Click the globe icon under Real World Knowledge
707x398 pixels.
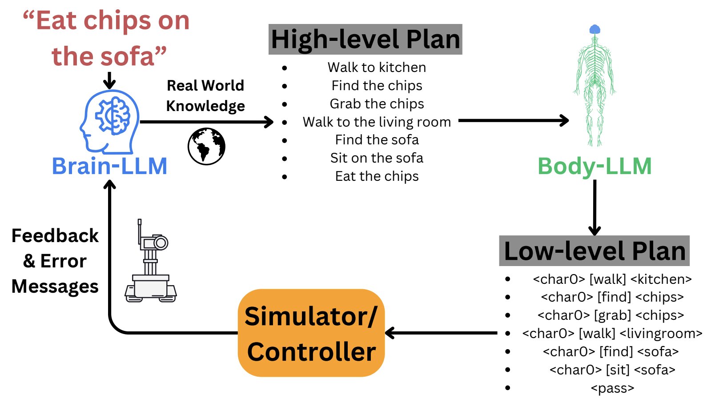pyautogui.click(x=206, y=146)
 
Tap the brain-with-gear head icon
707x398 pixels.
pyautogui.click(x=110, y=121)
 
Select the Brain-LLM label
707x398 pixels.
pyautogui.click(x=109, y=167)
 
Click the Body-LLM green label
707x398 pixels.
pyautogui.click(x=595, y=167)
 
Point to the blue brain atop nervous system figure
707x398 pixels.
pyautogui.click(x=595, y=30)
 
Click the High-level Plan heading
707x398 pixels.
pyautogui.click(x=365, y=40)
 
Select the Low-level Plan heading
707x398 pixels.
pyautogui.click(x=594, y=251)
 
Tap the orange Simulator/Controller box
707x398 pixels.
pyautogui.click(x=311, y=333)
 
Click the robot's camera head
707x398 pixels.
pyautogui.click(x=156, y=243)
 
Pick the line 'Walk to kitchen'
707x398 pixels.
pyautogui.click(x=377, y=68)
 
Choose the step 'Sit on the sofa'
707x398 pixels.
pyautogui.click(x=377, y=158)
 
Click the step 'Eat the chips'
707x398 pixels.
pyautogui.click(x=377, y=176)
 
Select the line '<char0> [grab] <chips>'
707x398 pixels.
pyautogui.click(x=611, y=315)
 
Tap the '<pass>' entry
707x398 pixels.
pyautogui.click(x=612, y=388)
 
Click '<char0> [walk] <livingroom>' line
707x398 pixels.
pyautogui.click(x=612, y=334)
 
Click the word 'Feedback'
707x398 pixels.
pyautogui.click(x=55, y=236)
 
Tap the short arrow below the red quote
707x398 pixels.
pyautogui.click(x=109, y=80)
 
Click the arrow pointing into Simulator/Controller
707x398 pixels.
pyautogui.click(x=440, y=333)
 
